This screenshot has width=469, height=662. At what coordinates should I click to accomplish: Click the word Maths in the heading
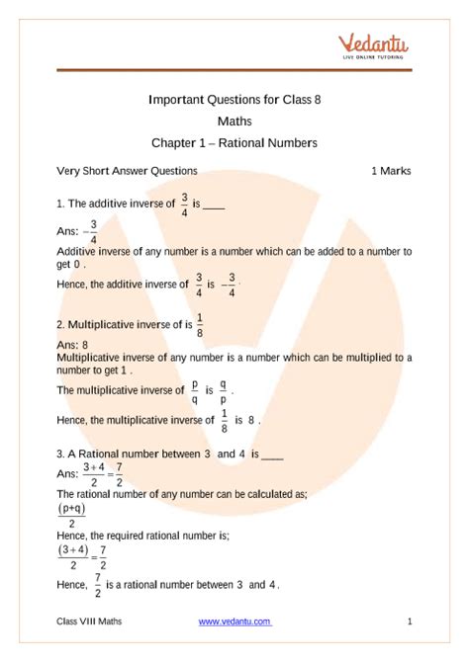click(234, 122)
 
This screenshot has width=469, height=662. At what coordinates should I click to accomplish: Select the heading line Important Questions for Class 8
click(234, 100)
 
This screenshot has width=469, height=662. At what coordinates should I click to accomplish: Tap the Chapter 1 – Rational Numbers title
click(234, 143)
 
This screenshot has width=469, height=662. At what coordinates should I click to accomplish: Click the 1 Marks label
click(391, 171)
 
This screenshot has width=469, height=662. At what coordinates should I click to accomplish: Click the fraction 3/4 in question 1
click(171, 203)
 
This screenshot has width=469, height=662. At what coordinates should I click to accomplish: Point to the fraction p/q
click(195, 391)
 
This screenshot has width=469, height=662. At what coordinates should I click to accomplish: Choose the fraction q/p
click(224, 391)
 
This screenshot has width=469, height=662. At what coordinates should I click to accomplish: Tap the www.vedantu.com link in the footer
click(234, 621)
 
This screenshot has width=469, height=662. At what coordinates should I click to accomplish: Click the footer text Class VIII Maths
click(90, 621)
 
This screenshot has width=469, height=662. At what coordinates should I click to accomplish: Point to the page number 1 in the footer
click(409, 621)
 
